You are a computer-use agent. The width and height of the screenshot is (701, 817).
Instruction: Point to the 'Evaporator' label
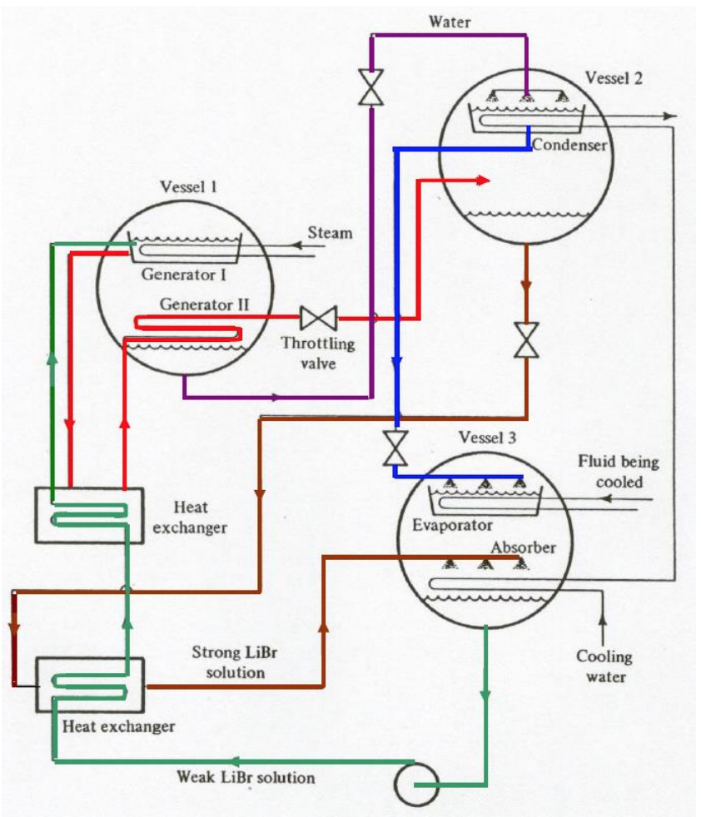click(x=453, y=526)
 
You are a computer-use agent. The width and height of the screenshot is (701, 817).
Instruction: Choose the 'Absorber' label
click(x=522, y=548)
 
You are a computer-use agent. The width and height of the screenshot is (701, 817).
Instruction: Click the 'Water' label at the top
click(x=450, y=22)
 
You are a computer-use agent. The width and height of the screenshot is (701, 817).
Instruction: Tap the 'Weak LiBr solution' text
click(x=246, y=778)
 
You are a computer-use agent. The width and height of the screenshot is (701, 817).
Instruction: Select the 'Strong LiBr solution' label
click(x=230, y=661)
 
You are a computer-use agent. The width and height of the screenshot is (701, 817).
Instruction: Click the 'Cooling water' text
click(x=604, y=666)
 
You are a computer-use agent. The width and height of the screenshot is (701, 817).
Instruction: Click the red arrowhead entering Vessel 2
click(x=482, y=179)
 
